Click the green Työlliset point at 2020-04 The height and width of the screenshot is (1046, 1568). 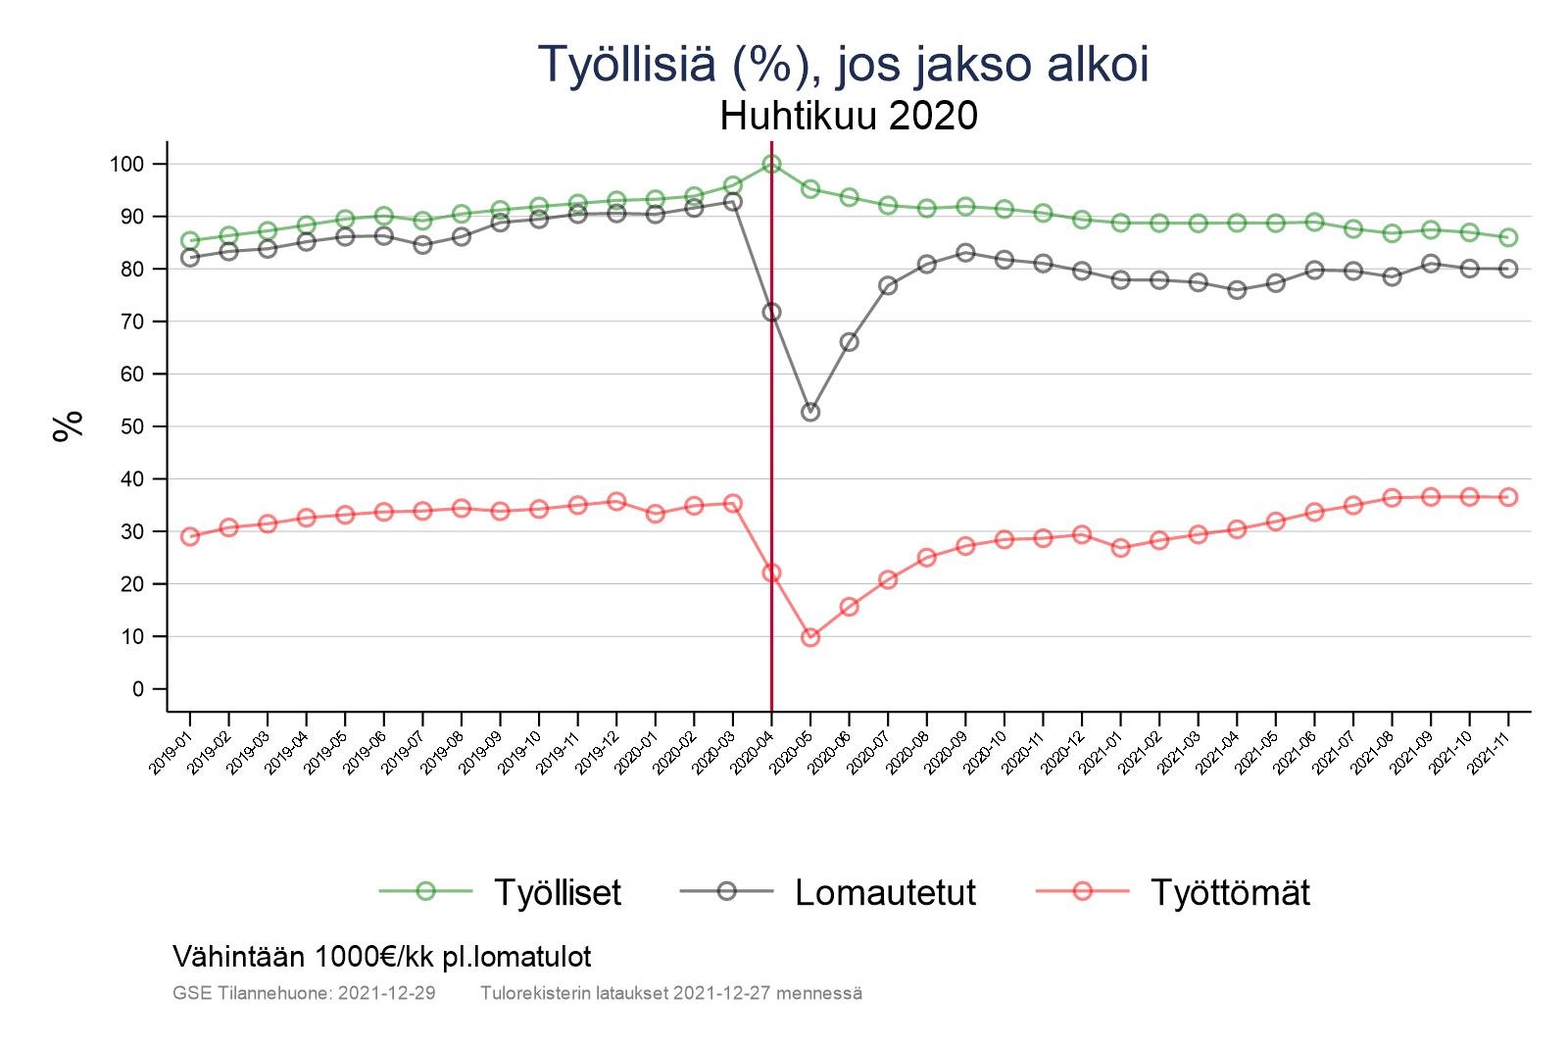[771, 164]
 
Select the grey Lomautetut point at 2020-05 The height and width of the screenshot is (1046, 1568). [810, 413]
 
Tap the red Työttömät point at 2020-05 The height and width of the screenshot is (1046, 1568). [810, 637]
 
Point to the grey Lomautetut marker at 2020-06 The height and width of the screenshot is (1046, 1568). [849, 342]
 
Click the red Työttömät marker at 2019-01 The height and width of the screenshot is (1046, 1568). [190, 536]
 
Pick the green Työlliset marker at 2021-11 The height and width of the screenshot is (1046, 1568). [1508, 237]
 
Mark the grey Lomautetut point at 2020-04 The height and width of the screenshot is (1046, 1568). [771, 312]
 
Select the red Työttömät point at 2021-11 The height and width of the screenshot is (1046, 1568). [1508, 497]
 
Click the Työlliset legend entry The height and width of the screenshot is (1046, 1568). [557, 892]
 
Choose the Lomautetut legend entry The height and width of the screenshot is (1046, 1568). [885, 892]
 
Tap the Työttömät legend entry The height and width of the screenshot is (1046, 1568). [1229, 892]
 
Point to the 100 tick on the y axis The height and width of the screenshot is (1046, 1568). [126, 164]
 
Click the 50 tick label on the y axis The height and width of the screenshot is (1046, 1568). [132, 426]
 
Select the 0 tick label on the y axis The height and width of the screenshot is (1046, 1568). [138, 689]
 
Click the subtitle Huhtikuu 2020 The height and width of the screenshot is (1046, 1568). [849, 116]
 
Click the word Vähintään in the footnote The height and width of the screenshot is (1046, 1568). [239, 956]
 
